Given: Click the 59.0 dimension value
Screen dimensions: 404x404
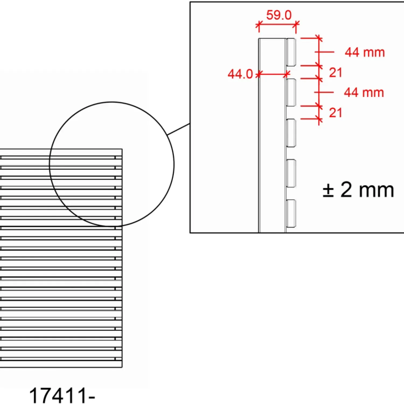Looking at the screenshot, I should tap(279, 15).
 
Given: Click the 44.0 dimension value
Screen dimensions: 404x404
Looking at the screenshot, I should tap(240, 74).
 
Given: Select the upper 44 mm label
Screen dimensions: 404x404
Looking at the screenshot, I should tap(365, 52).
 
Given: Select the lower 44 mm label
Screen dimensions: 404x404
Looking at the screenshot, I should tap(364, 92).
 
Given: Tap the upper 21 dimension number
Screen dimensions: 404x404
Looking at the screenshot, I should tap(335, 72).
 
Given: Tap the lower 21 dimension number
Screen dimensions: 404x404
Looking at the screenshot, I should tap(335, 113).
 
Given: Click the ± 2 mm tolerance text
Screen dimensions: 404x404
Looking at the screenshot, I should tap(358, 190).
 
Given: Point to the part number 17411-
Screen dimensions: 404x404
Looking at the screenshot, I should tap(62, 395).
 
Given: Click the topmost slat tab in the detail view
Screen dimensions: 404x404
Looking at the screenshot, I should tap(291, 52).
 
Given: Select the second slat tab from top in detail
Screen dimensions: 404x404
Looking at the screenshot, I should tap(291, 92).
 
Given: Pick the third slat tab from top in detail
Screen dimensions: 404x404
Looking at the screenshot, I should tap(291, 133).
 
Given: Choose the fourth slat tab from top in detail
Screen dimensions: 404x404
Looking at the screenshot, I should tap(291, 173).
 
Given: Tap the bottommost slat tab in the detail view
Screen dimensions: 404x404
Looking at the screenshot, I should tap(291, 213).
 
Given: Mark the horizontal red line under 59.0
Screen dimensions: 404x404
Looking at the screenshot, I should tap(277, 24).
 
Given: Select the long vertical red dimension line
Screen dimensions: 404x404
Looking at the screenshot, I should tap(319, 81).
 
